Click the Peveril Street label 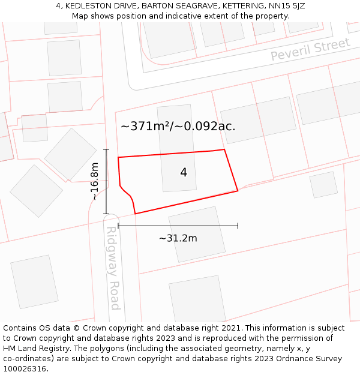point(310,49)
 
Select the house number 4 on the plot point(184,173)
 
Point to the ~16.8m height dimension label point(95,181)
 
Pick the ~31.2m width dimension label point(178,238)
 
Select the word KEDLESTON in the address point(89,6)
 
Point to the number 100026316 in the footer point(25,369)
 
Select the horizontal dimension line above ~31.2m point(178,226)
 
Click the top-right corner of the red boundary point(224,149)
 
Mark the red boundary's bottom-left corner point(136,214)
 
